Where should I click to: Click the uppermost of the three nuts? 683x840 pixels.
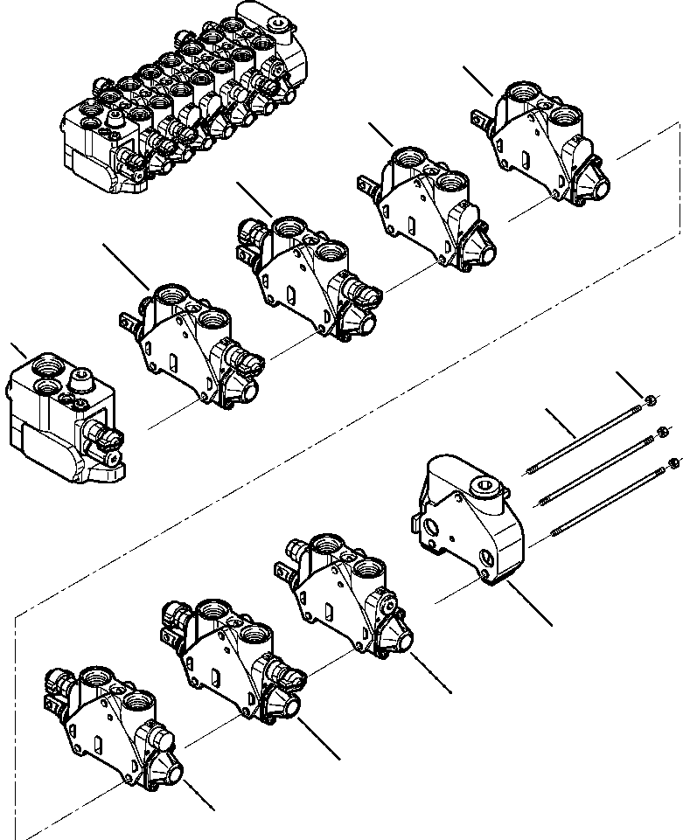(x=651, y=400)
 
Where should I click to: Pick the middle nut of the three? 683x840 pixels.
(x=663, y=430)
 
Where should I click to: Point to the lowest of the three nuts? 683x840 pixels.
(x=673, y=462)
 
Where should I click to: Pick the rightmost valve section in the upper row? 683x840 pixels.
(x=542, y=144)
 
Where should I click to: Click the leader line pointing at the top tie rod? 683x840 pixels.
(x=560, y=421)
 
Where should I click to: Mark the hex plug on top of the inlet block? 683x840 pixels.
(x=83, y=379)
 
